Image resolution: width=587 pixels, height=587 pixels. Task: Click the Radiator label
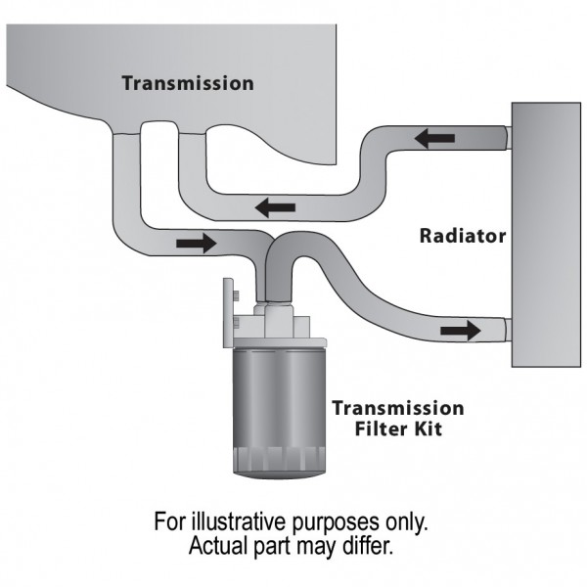462,236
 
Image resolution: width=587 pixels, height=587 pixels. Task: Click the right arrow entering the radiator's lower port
460,330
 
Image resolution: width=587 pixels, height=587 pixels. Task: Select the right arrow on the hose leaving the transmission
196,243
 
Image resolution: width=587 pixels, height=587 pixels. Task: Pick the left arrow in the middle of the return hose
275,206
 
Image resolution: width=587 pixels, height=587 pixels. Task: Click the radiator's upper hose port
503,138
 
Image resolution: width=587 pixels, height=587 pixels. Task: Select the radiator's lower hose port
503,329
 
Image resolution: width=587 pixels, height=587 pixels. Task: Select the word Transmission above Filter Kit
397,408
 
